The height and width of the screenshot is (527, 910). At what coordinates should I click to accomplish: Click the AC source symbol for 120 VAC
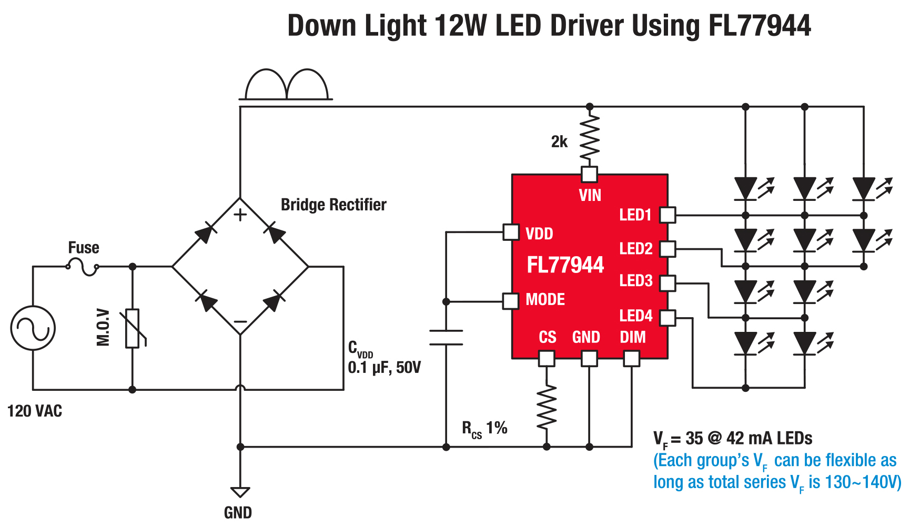[x=33, y=328]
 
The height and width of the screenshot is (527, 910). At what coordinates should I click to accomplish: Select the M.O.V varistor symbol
[x=133, y=328]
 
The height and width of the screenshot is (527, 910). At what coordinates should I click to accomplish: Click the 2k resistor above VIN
[x=589, y=138]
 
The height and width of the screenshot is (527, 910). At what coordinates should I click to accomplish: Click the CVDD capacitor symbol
[x=446, y=338]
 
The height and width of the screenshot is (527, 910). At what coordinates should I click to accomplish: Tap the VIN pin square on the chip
[x=589, y=174]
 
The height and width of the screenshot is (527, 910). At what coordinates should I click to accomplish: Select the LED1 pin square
[x=668, y=215]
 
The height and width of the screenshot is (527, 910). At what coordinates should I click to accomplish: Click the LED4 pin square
[x=668, y=318]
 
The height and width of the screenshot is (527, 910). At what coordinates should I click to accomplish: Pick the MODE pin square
[x=511, y=301]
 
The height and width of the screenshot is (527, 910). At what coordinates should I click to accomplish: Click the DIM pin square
[x=631, y=359]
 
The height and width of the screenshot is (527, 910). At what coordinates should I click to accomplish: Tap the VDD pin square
[x=511, y=232]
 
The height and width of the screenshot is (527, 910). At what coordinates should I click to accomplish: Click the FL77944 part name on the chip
[x=565, y=265]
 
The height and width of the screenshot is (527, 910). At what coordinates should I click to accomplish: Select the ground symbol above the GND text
[x=240, y=492]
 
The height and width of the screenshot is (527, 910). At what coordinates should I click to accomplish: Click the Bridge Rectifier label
[x=333, y=205]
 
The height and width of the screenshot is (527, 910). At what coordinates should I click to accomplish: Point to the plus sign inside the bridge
[x=240, y=215]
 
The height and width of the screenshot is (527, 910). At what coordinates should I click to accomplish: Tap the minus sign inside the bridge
[x=240, y=321]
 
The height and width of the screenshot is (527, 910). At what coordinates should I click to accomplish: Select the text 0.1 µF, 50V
[x=385, y=368]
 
